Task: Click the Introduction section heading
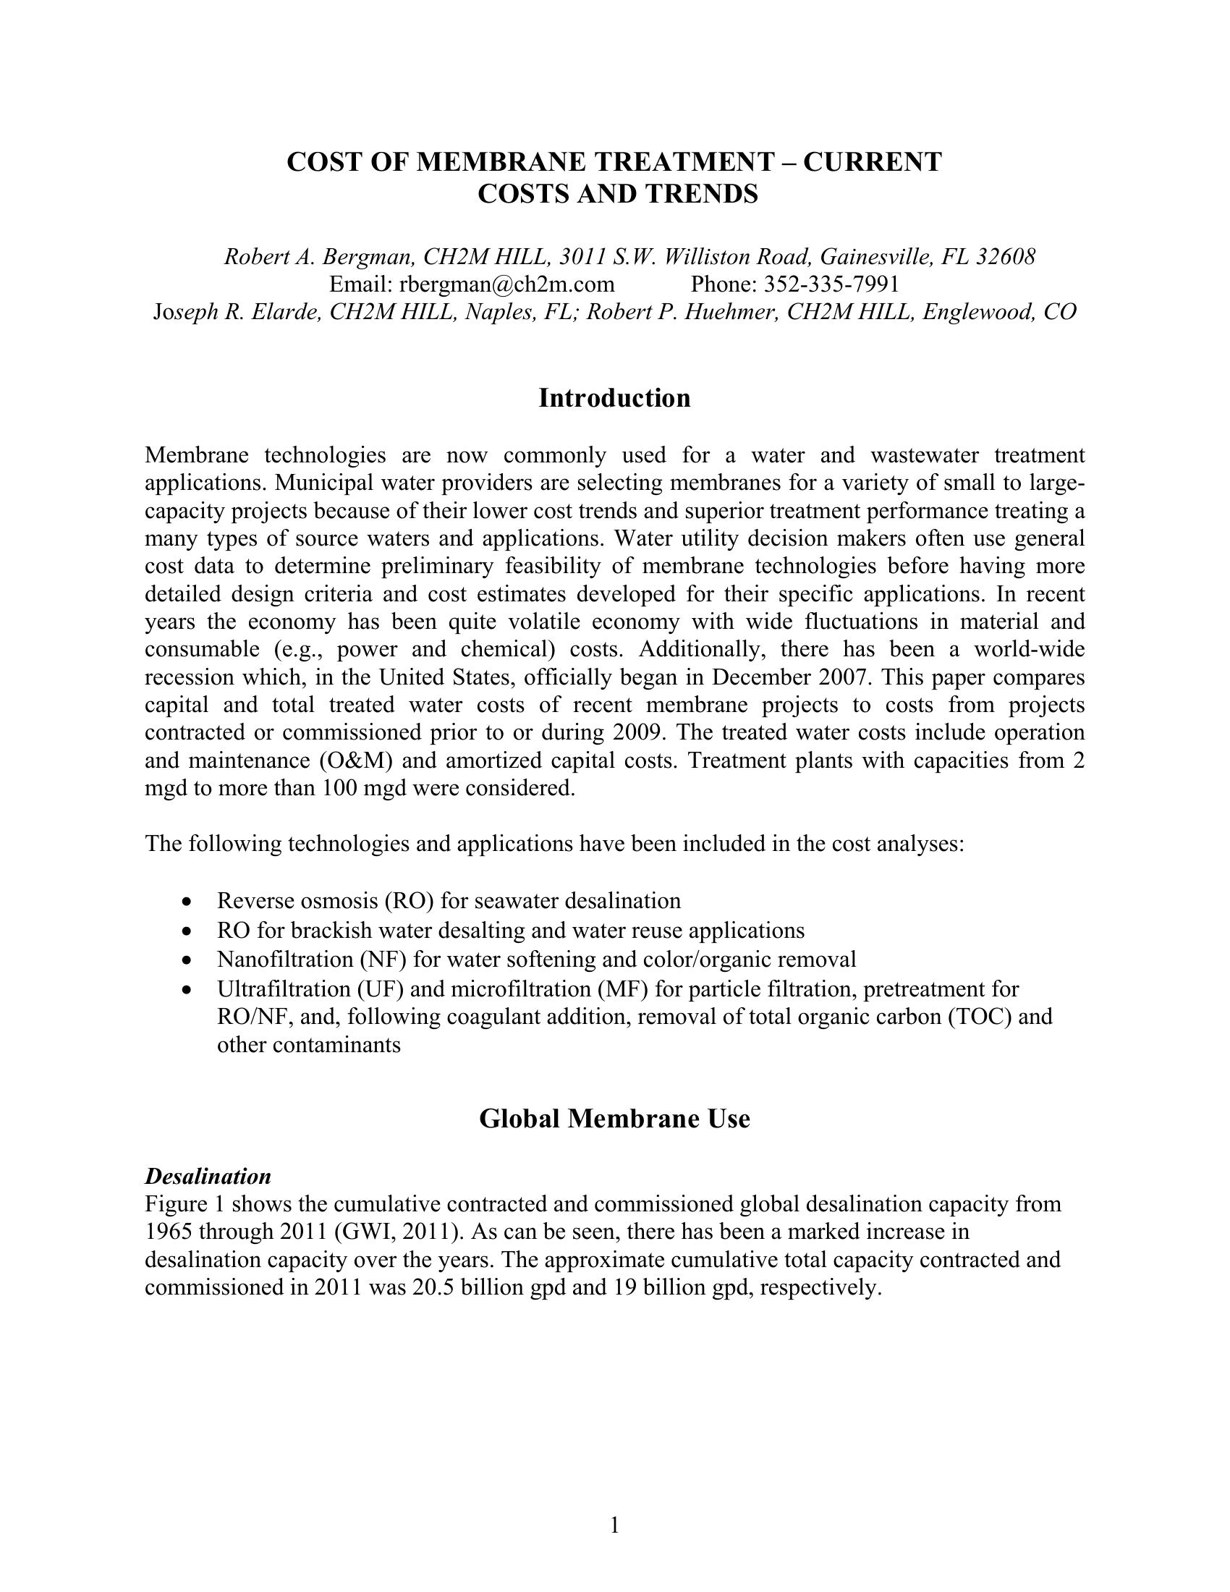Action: click(614, 399)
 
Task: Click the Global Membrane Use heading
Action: click(614, 1119)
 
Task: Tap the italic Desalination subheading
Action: click(208, 1177)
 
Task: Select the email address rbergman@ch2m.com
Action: click(506, 284)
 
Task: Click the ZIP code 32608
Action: click(1006, 257)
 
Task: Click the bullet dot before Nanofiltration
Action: click(189, 961)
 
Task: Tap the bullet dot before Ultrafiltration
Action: click(189, 990)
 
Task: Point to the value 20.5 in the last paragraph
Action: click(433, 1287)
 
